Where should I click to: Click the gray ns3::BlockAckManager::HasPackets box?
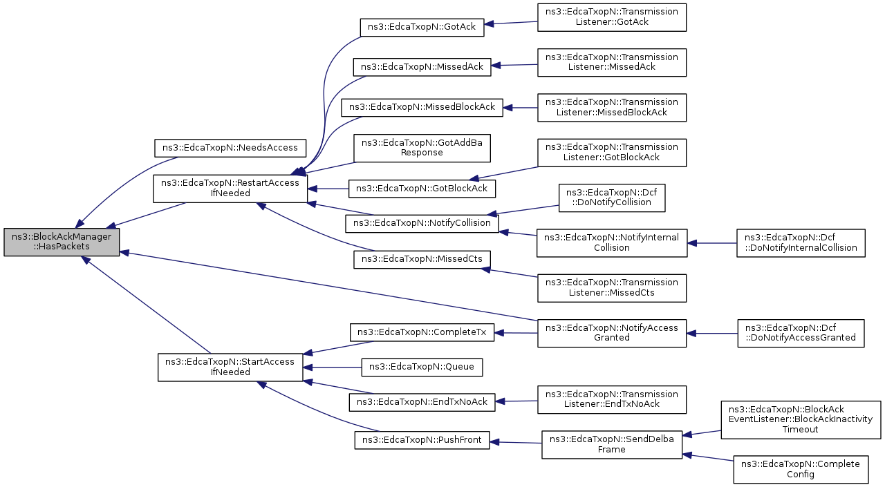[x=62, y=242]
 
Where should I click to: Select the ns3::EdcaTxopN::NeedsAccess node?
[x=230, y=148]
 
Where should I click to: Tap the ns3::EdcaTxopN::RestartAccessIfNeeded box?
[x=230, y=189]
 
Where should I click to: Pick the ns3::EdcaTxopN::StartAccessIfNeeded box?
[x=230, y=367]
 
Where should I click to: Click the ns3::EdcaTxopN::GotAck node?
[x=422, y=27]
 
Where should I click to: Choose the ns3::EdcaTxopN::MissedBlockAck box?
[x=422, y=107]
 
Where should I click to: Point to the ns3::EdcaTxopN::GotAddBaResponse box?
[x=422, y=148]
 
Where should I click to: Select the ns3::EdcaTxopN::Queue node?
[x=422, y=367]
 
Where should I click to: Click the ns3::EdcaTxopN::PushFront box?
[x=422, y=440]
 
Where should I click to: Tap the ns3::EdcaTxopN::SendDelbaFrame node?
[x=612, y=445]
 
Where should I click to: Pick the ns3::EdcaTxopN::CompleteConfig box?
[x=801, y=470]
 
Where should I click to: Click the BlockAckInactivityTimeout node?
[x=801, y=420]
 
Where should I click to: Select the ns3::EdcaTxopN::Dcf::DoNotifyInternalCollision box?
[x=801, y=243]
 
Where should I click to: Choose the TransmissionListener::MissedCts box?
[x=612, y=288]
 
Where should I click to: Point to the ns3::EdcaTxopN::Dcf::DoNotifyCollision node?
[x=612, y=198]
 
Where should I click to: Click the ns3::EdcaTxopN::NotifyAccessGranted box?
[x=612, y=334]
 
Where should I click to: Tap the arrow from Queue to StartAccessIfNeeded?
[x=333, y=367]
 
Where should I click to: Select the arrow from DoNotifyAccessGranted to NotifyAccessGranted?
[x=712, y=334]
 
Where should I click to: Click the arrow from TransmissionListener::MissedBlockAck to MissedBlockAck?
[x=521, y=108]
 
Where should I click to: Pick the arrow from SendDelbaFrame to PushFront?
[x=516, y=442]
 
